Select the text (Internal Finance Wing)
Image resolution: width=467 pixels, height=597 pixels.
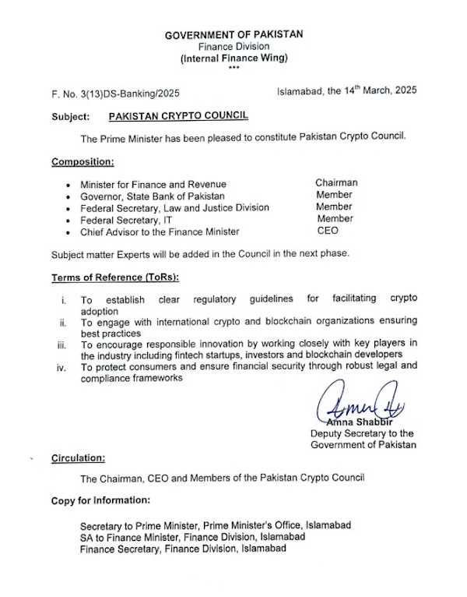[x=233, y=58]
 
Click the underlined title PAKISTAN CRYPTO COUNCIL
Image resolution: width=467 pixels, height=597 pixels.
[x=178, y=115]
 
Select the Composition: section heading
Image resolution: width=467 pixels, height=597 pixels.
[x=83, y=162]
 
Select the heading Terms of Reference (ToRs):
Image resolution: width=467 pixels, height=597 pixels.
[x=111, y=278]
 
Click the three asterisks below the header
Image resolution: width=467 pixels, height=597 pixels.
[x=233, y=69]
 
